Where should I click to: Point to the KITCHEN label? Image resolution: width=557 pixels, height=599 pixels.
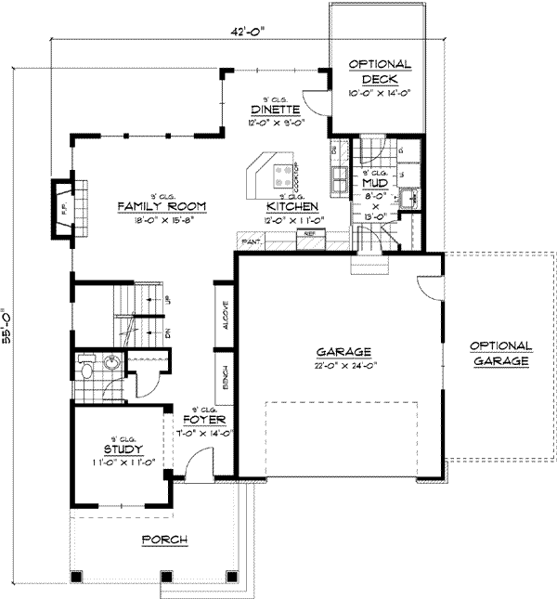292,206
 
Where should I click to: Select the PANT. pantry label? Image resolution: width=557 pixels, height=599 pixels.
250,241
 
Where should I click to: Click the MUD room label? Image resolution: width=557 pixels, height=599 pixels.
375,183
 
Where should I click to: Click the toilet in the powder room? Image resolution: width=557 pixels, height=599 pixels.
86,371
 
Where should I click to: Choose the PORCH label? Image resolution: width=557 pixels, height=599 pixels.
164,540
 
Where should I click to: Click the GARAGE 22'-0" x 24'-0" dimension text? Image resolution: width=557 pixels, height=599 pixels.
343,364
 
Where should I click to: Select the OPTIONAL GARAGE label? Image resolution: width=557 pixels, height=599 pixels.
499,351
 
